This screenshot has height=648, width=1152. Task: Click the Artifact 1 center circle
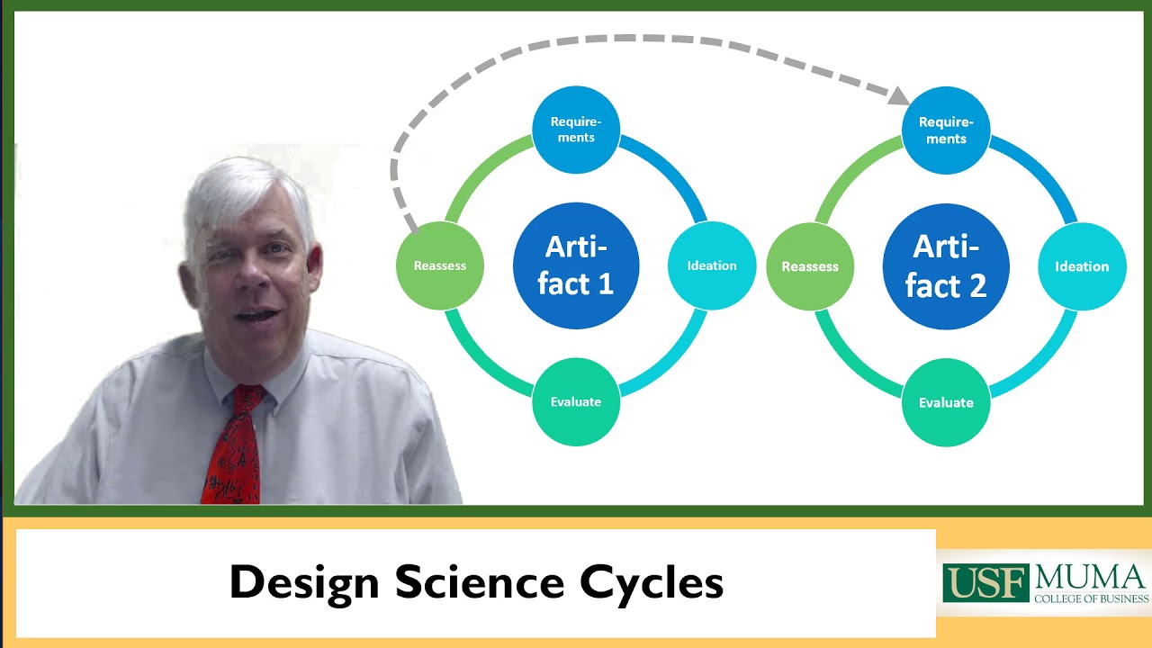coord(576,265)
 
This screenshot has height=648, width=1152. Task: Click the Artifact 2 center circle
coord(946,266)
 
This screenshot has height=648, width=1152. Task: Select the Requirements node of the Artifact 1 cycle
coord(576,130)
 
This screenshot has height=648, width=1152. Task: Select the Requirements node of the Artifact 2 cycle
coord(946,130)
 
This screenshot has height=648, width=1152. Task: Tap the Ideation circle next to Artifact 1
coord(712,265)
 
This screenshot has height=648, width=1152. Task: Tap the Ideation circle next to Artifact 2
coord(1082,266)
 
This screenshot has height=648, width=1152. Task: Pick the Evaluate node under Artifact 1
coord(576,401)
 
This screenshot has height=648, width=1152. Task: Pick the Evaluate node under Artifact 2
coord(946,402)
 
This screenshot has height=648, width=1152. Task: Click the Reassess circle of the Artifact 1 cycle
coord(440,265)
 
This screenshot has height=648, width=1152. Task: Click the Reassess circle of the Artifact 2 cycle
coord(810,266)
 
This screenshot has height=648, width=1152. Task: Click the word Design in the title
coord(304,582)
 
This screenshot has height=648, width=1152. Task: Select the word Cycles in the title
coord(652,582)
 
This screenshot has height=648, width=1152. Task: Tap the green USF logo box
coord(985,583)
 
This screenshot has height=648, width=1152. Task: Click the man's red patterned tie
coord(233,445)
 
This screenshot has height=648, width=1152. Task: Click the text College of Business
coord(1091,598)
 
